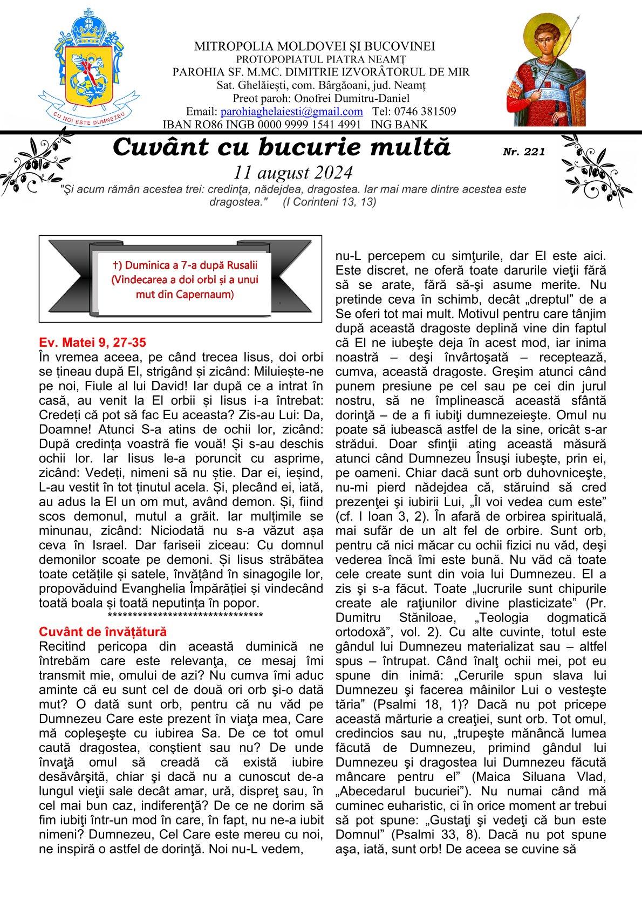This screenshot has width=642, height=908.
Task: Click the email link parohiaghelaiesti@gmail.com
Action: (x=291, y=112)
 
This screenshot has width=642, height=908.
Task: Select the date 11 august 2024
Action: (x=293, y=172)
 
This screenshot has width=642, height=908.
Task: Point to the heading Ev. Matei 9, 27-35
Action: (x=93, y=343)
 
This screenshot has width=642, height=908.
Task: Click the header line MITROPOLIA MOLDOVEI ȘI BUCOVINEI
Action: (x=315, y=46)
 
